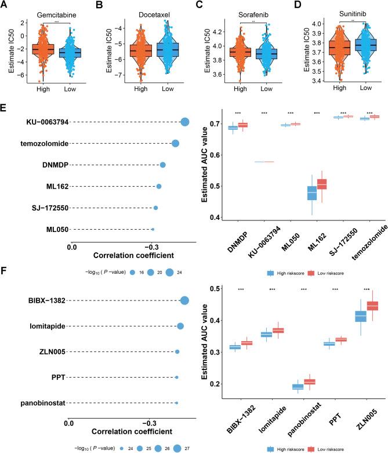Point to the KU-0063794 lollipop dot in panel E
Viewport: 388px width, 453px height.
[x=185, y=122]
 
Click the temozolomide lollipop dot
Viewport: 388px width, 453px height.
[x=175, y=143]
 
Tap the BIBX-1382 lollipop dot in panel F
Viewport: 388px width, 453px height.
[x=185, y=300]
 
